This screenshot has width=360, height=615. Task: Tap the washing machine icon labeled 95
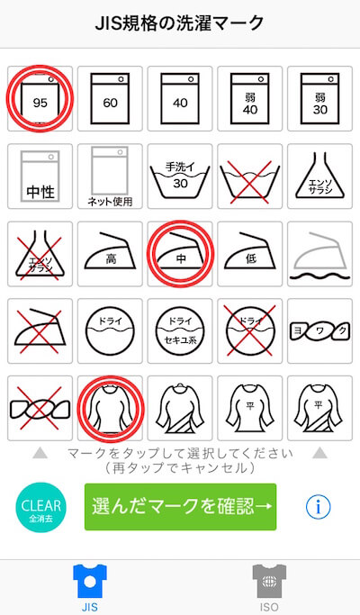40,98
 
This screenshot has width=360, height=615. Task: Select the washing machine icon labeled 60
110,98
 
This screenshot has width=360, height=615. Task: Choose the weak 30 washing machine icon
320,98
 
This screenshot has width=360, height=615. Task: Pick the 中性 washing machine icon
40,176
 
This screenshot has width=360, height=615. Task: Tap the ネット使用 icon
110,176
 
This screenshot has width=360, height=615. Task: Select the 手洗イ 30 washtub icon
180,176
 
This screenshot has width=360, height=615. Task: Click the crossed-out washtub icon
250,177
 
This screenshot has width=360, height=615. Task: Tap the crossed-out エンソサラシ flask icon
40,254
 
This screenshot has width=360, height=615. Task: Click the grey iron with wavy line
320,255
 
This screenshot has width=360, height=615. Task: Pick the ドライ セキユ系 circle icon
180,330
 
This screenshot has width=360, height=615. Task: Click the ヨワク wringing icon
320,331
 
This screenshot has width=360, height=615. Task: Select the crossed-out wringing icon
40,408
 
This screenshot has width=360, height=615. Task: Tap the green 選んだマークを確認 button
180,507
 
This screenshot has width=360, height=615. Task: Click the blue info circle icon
318,507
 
